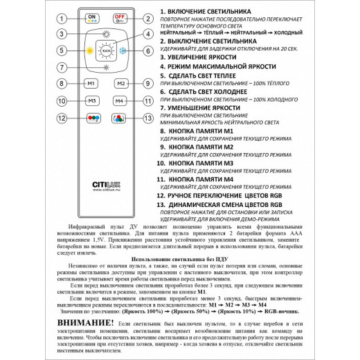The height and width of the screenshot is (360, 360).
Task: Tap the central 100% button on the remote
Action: point(106,51)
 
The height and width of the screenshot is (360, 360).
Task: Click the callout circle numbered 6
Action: point(147,51)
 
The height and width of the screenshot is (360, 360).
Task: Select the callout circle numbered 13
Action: point(147,118)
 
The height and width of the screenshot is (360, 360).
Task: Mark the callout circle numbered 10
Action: point(63,101)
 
